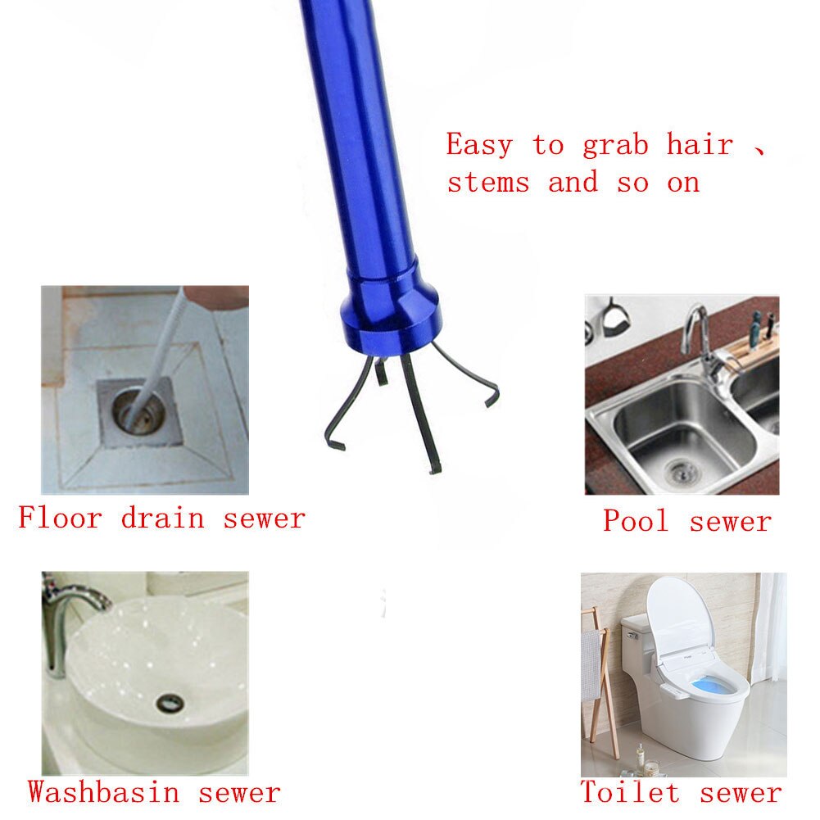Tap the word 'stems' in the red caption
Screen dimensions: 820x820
[x=487, y=183]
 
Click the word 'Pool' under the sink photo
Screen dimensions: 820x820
[x=636, y=520]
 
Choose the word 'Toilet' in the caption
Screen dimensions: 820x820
[x=630, y=792]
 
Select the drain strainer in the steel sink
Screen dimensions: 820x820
[x=678, y=469]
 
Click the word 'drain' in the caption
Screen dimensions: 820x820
[x=162, y=518]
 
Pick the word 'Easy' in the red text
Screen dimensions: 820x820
[x=479, y=146]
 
